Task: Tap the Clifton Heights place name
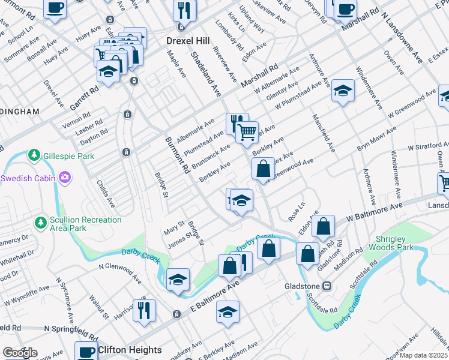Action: [x=130, y=350]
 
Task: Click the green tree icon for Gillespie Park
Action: [x=34, y=155]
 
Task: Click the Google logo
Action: [x=20, y=353]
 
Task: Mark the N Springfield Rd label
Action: [x=71, y=329]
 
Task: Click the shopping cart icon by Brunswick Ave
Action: [x=247, y=131]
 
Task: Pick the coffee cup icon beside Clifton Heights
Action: [x=86, y=351]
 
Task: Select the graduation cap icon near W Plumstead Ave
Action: [x=343, y=90]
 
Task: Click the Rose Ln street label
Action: [x=297, y=211]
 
